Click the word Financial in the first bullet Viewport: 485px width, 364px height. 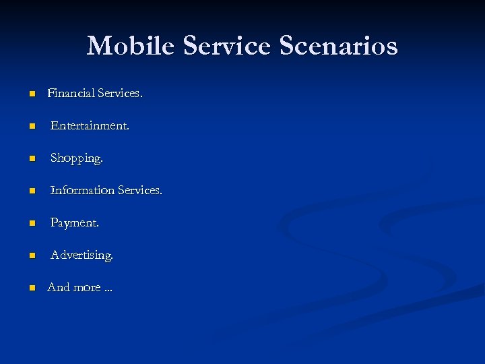(71, 94)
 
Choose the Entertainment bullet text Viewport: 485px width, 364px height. (90, 126)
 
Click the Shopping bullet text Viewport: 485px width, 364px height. (77, 158)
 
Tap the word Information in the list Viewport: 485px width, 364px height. (82, 191)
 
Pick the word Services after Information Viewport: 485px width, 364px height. (140, 191)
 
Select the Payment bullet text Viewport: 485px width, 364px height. (74, 223)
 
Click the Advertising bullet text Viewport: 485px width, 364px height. (82, 255)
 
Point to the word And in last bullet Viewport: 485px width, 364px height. (59, 287)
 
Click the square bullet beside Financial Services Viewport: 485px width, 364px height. (31, 94)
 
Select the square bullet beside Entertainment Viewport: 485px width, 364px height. (31, 127)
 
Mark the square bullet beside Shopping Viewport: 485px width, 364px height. (31, 159)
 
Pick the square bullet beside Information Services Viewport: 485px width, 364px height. (31, 191)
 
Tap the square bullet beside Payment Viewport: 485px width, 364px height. (31, 224)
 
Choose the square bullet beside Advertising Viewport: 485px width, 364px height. (31, 256)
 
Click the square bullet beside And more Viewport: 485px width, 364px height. (31, 288)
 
